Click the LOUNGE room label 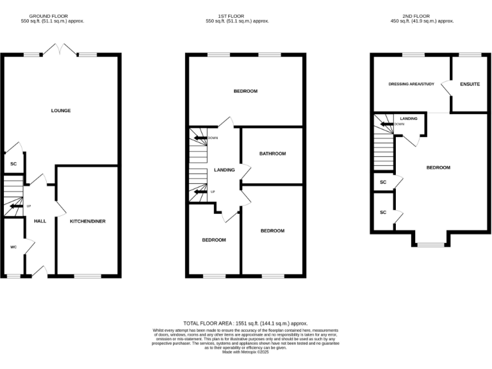(x=61, y=111)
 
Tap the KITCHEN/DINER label (x=88, y=221)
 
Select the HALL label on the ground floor (x=40, y=221)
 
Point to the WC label (x=13, y=247)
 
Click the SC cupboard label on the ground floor (x=13, y=164)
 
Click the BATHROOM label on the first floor (x=272, y=154)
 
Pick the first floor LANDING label (x=224, y=170)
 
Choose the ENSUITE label (x=470, y=85)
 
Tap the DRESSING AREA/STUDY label (x=412, y=85)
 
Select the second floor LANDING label (x=409, y=119)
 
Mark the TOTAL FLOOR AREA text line (x=245, y=324)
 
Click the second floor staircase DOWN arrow (x=386, y=124)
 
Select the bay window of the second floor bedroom (x=430, y=244)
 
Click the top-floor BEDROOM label (x=438, y=168)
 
